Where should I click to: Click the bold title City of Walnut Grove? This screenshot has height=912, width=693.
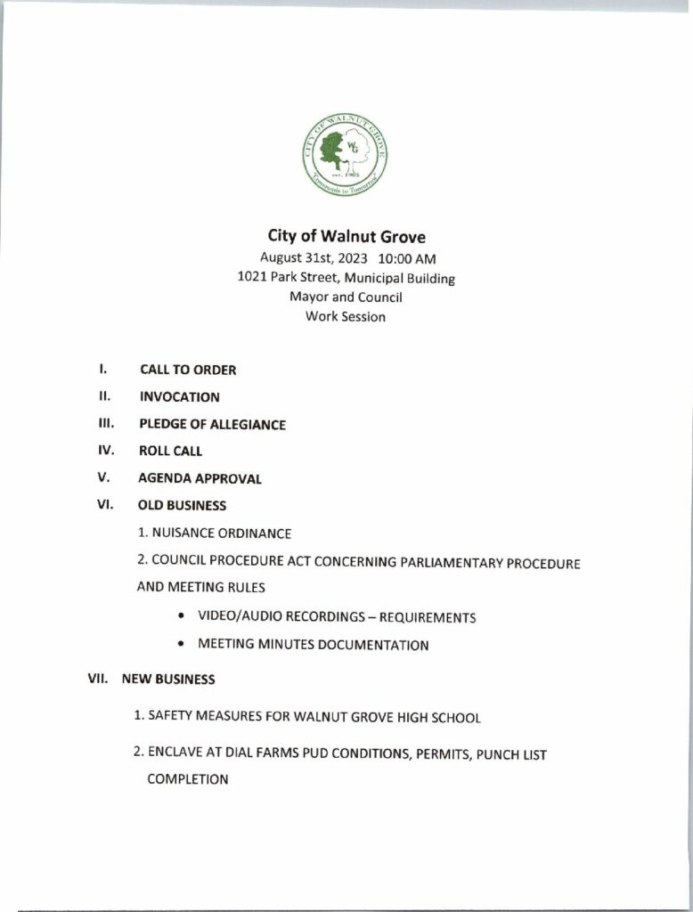(346, 237)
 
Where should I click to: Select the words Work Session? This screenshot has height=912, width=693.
(346, 316)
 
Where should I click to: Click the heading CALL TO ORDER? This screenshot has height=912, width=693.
(188, 370)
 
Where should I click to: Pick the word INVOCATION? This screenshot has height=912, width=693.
(179, 397)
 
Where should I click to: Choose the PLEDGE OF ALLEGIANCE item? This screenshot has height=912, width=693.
(212, 425)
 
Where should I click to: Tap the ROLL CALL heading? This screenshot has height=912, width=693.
(170, 452)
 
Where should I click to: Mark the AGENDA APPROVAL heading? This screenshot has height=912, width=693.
(200, 479)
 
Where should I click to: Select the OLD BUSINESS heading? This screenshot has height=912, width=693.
(182, 506)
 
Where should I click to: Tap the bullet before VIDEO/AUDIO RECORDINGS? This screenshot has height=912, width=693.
(182, 616)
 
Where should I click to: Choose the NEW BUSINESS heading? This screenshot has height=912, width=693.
(168, 679)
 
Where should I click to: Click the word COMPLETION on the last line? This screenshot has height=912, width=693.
(188, 779)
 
